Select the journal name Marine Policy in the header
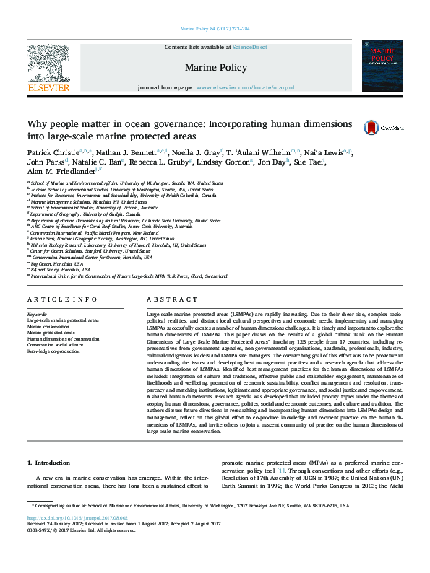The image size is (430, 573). [215, 68]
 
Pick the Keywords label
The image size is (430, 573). [38, 315]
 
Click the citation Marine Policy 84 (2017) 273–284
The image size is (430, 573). [214, 30]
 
